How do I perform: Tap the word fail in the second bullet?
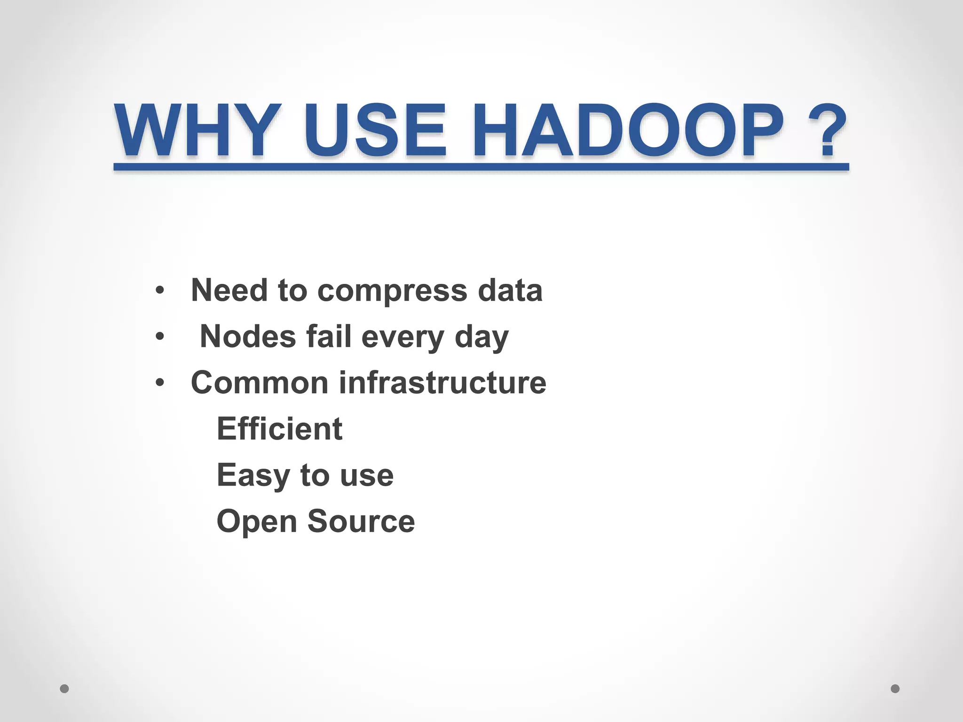329,337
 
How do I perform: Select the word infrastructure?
442,383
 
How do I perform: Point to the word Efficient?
279,429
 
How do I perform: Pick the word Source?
361,521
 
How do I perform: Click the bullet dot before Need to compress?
160,290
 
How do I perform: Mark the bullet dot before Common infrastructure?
160,383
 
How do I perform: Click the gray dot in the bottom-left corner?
64,689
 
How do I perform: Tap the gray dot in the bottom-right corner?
895,689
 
